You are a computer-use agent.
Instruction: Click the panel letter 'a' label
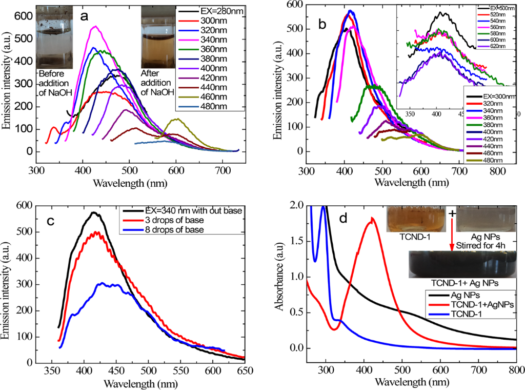pos(85,17)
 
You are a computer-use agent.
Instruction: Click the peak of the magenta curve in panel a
pos(94,27)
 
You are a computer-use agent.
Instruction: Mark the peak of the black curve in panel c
pos(94,212)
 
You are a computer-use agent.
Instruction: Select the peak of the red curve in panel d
pos(372,218)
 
